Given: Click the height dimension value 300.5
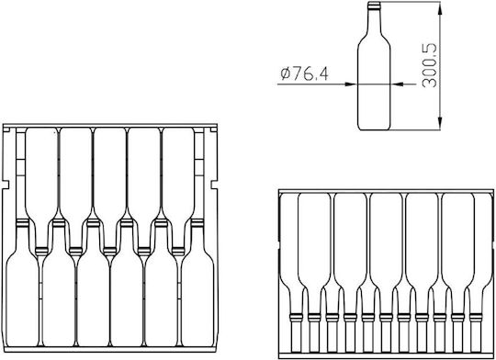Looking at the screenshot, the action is pos(430,65).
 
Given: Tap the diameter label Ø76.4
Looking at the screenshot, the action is pos(304,73).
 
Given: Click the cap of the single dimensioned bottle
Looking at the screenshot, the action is pos(374,6).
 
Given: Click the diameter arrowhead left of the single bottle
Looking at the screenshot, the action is pos(351,84).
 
